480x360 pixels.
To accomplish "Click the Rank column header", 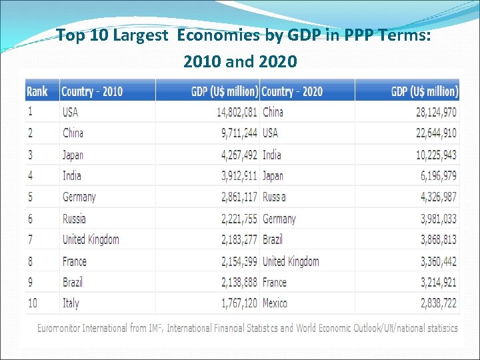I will tap(37, 91).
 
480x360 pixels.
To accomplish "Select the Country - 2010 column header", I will tap(92, 91).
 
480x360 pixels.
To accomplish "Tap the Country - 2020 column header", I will tap(292, 91).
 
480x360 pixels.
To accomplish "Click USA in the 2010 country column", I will tap(70, 112).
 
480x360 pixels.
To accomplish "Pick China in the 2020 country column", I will tap(273, 112).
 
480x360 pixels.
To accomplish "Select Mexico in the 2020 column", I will tap(275, 303).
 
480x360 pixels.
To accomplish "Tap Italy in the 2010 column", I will tap(71, 303).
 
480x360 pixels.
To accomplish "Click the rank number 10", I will tap(33, 303).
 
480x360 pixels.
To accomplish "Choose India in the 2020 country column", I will tap(272, 155).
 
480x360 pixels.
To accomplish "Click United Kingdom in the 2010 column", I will tap(91, 239).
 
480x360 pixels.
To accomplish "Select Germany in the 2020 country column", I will tap(279, 219).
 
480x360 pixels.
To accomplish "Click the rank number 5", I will tap(31, 197).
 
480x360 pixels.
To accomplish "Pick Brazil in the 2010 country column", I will tap(73, 282).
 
